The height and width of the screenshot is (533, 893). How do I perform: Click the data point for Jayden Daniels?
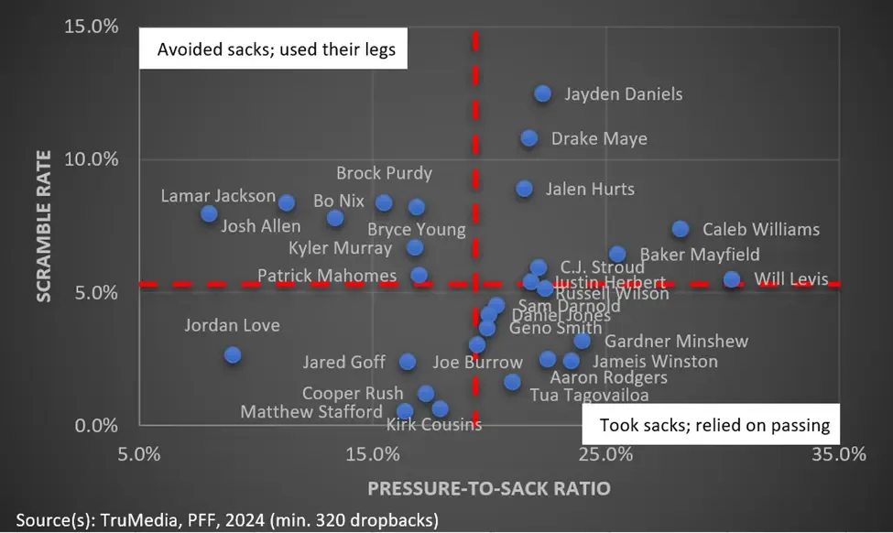[x=542, y=93]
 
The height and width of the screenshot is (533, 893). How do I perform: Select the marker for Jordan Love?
[x=233, y=354]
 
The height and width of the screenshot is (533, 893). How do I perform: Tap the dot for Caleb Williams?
[x=680, y=229]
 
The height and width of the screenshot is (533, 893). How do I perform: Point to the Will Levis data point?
[x=731, y=279]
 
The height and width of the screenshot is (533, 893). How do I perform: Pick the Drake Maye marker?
[x=529, y=138]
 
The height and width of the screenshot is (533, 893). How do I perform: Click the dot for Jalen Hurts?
[x=524, y=189]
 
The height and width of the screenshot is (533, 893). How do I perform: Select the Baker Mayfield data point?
[x=617, y=254]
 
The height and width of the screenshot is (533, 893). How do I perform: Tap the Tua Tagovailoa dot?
[x=512, y=382]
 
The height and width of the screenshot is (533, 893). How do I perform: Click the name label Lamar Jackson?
[x=218, y=196]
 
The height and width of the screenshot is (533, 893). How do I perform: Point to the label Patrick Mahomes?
[x=327, y=276]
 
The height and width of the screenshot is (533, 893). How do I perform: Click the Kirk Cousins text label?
[x=433, y=424]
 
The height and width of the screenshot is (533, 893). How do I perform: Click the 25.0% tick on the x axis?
[x=604, y=454]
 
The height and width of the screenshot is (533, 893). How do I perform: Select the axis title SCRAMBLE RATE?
[x=42, y=226]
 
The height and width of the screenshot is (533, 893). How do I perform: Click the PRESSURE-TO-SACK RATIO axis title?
[x=489, y=488]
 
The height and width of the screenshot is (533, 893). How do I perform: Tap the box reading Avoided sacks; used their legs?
[x=277, y=49]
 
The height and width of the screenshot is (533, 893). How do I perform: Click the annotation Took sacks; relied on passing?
[x=714, y=425]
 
